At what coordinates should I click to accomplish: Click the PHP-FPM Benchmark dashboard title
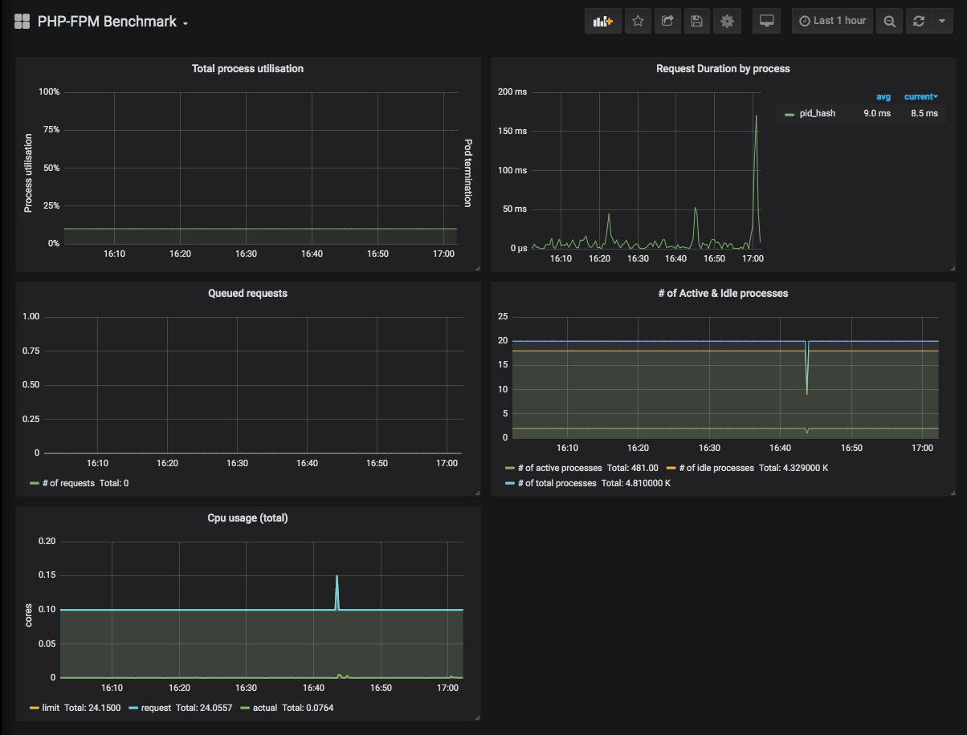coord(107,22)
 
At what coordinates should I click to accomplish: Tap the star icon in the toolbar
coord(638,21)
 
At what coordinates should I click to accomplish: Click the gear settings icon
coord(727,21)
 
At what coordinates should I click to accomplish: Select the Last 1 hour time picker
coord(832,21)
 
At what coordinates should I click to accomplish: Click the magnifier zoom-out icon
coord(889,21)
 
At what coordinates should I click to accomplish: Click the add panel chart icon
coord(602,21)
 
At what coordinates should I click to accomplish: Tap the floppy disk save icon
coord(696,21)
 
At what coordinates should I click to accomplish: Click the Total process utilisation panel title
coord(247,69)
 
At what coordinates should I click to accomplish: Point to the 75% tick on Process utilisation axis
coord(51,129)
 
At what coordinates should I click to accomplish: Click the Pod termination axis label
coord(468,173)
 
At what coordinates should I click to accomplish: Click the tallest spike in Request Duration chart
coord(757,116)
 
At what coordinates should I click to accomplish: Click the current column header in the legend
coord(920,97)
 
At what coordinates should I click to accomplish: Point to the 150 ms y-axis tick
coord(512,131)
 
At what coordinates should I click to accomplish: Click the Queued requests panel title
coord(247,294)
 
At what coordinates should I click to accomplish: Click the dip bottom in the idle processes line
coord(806,393)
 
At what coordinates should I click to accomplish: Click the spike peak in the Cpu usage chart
coord(337,575)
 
